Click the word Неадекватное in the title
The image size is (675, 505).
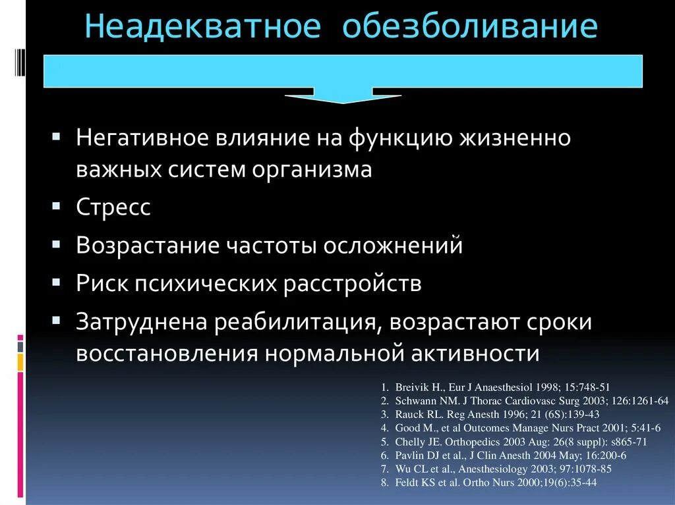[x=203, y=28]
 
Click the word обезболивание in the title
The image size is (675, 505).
[x=469, y=28]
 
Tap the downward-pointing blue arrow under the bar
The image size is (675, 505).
[x=341, y=96]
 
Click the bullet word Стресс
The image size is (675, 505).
[x=113, y=207]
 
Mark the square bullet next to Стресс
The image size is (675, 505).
[x=57, y=206]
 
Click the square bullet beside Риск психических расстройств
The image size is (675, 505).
[x=57, y=282]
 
